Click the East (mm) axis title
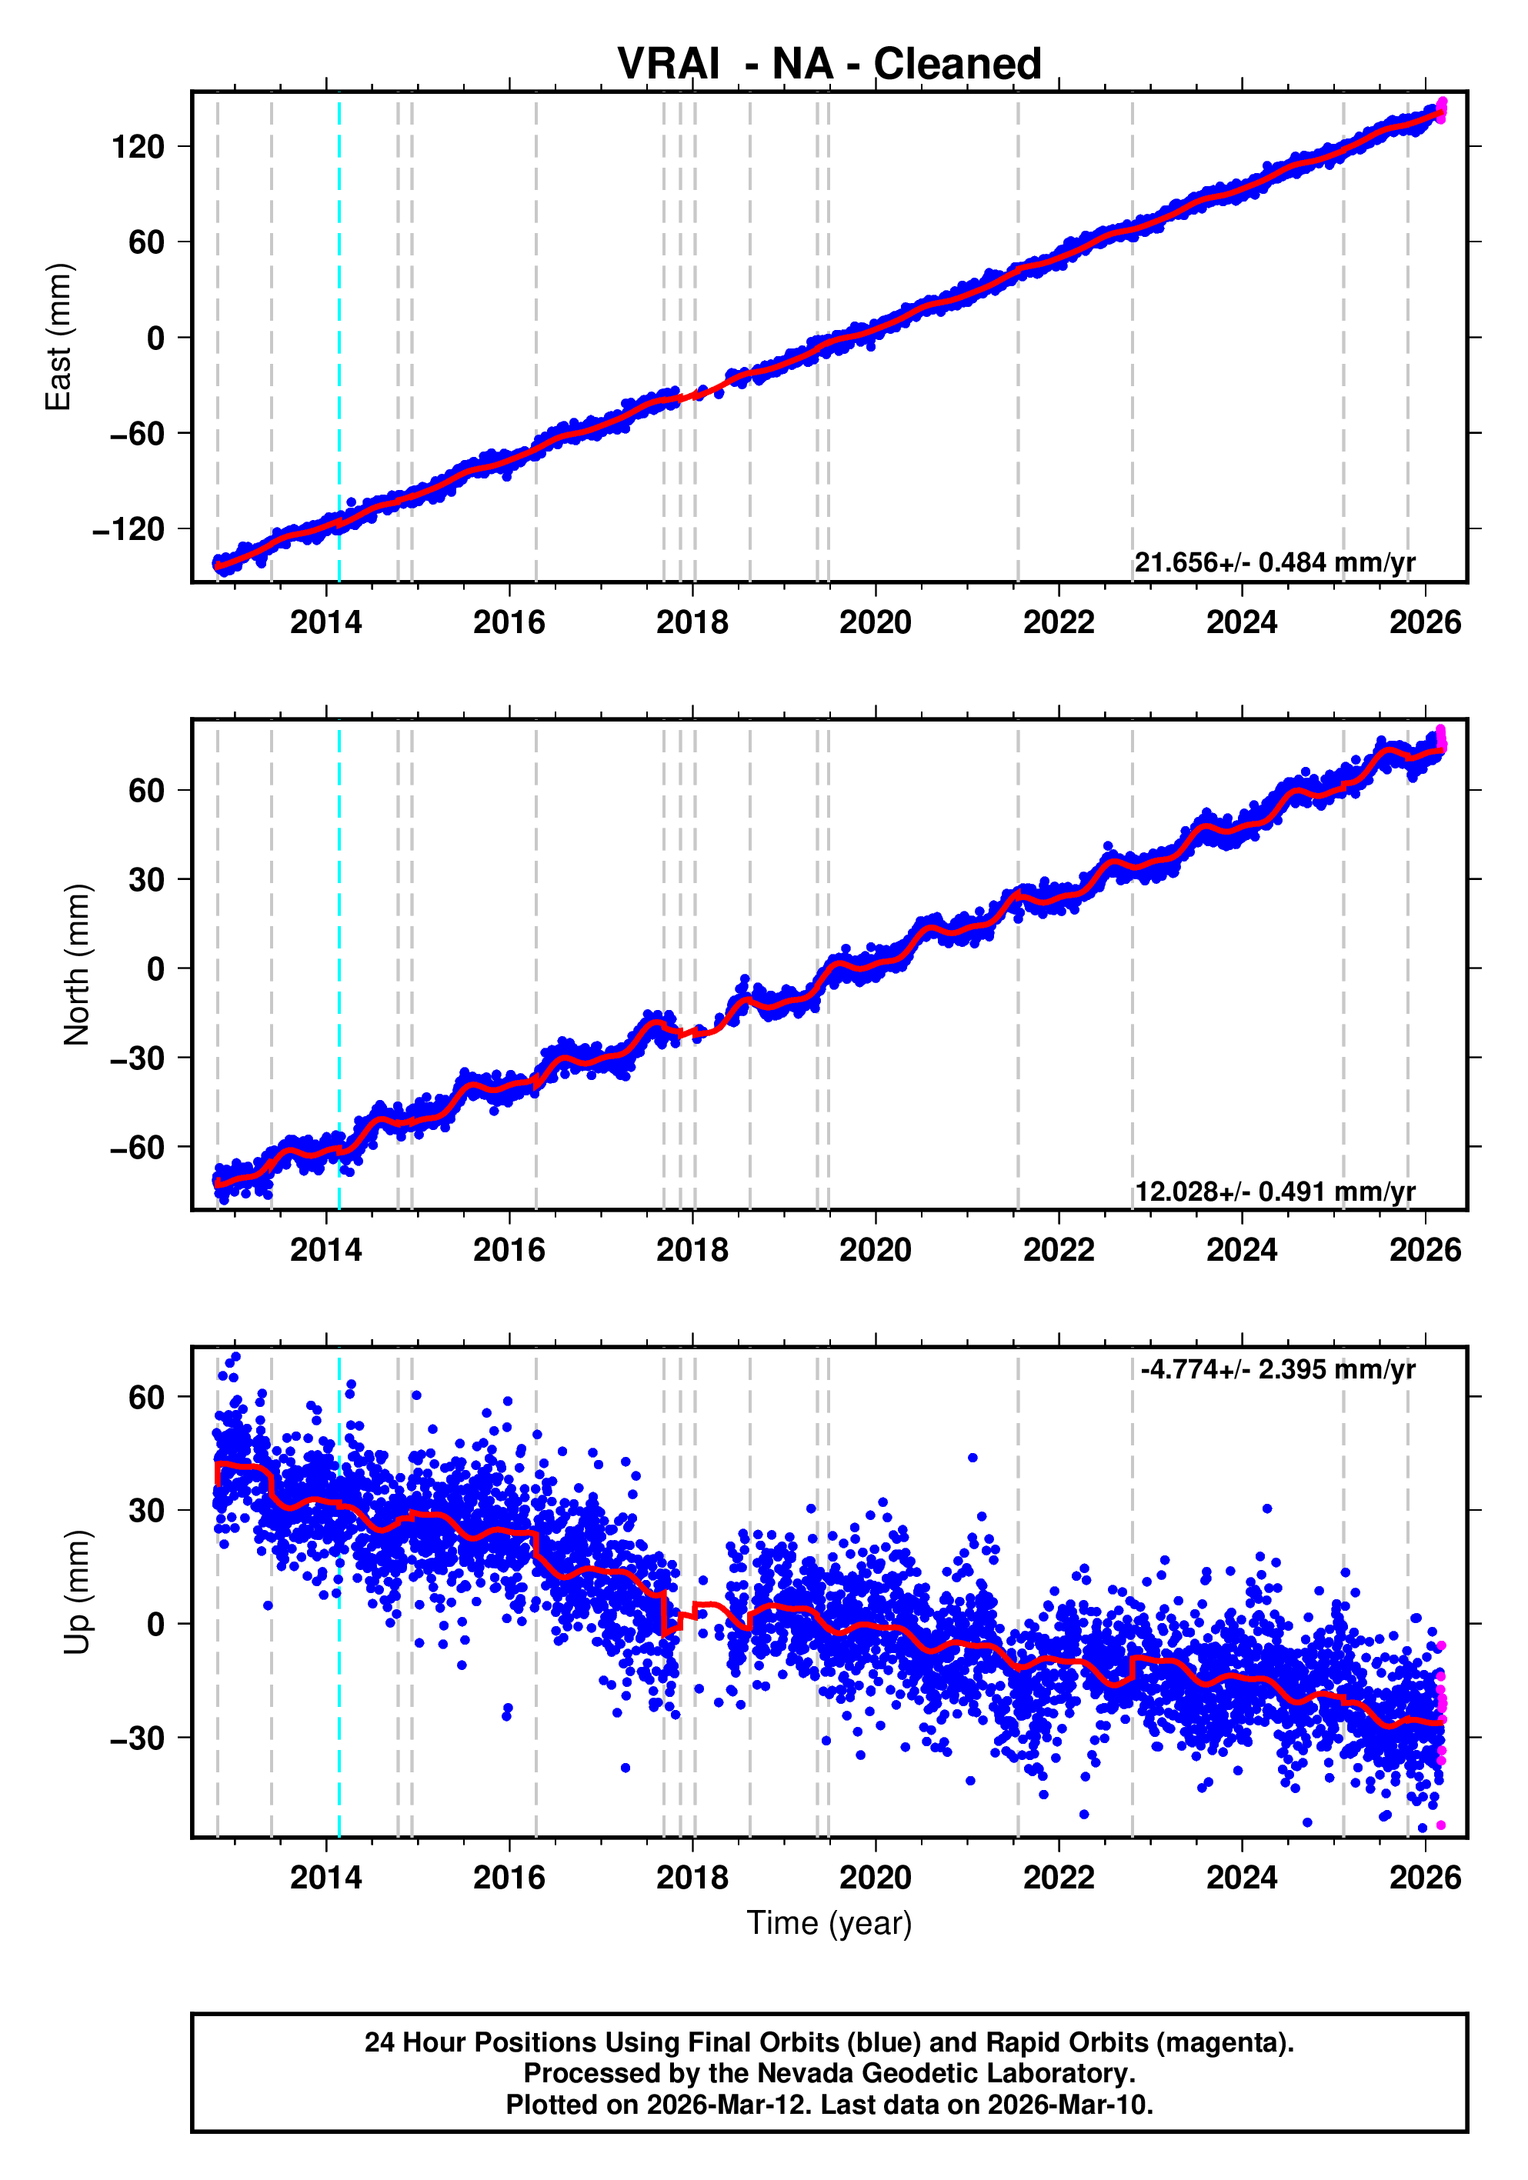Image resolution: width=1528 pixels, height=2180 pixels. coord(59,337)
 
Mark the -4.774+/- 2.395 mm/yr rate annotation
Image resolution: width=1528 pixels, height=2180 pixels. coord(1277,1369)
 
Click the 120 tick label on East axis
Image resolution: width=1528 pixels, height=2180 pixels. coord(138,147)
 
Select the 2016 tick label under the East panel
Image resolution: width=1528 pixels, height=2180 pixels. coord(509,623)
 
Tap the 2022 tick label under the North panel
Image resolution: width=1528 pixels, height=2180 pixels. coord(1058,1251)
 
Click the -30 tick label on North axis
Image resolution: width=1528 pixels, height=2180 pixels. coord(137,1058)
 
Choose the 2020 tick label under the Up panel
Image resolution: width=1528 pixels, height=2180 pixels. coord(875,1877)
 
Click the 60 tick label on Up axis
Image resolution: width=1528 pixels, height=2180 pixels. coord(146,1398)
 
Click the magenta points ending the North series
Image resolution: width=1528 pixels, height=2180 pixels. coord(1440,738)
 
